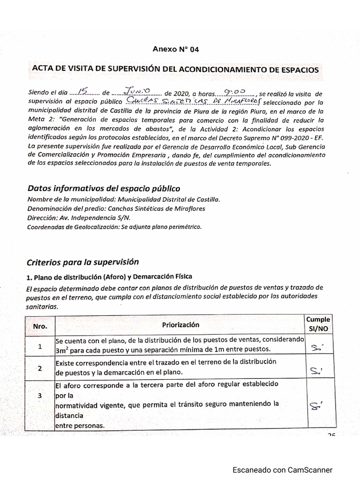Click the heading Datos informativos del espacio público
[x=104, y=188]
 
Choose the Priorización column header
[x=180, y=324]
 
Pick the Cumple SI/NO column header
[x=318, y=324]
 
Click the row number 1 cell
[x=40, y=347]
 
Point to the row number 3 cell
[x=40, y=396]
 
